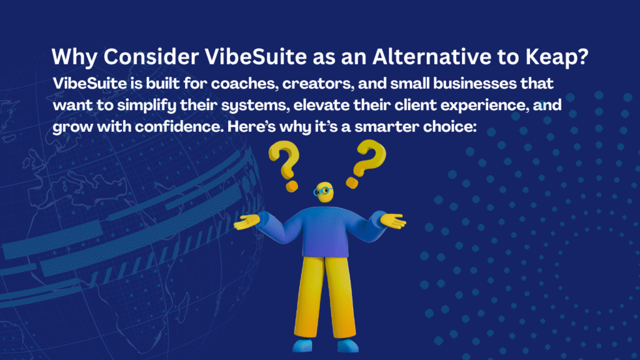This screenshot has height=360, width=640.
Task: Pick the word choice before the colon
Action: coord(447,126)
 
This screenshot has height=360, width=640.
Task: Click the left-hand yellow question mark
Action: coord(285,165)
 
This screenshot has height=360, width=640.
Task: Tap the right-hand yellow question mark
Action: coord(366,163)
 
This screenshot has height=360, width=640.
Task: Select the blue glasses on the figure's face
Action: coord(322,191)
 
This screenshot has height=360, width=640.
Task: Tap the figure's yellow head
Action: coord(325,192)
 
